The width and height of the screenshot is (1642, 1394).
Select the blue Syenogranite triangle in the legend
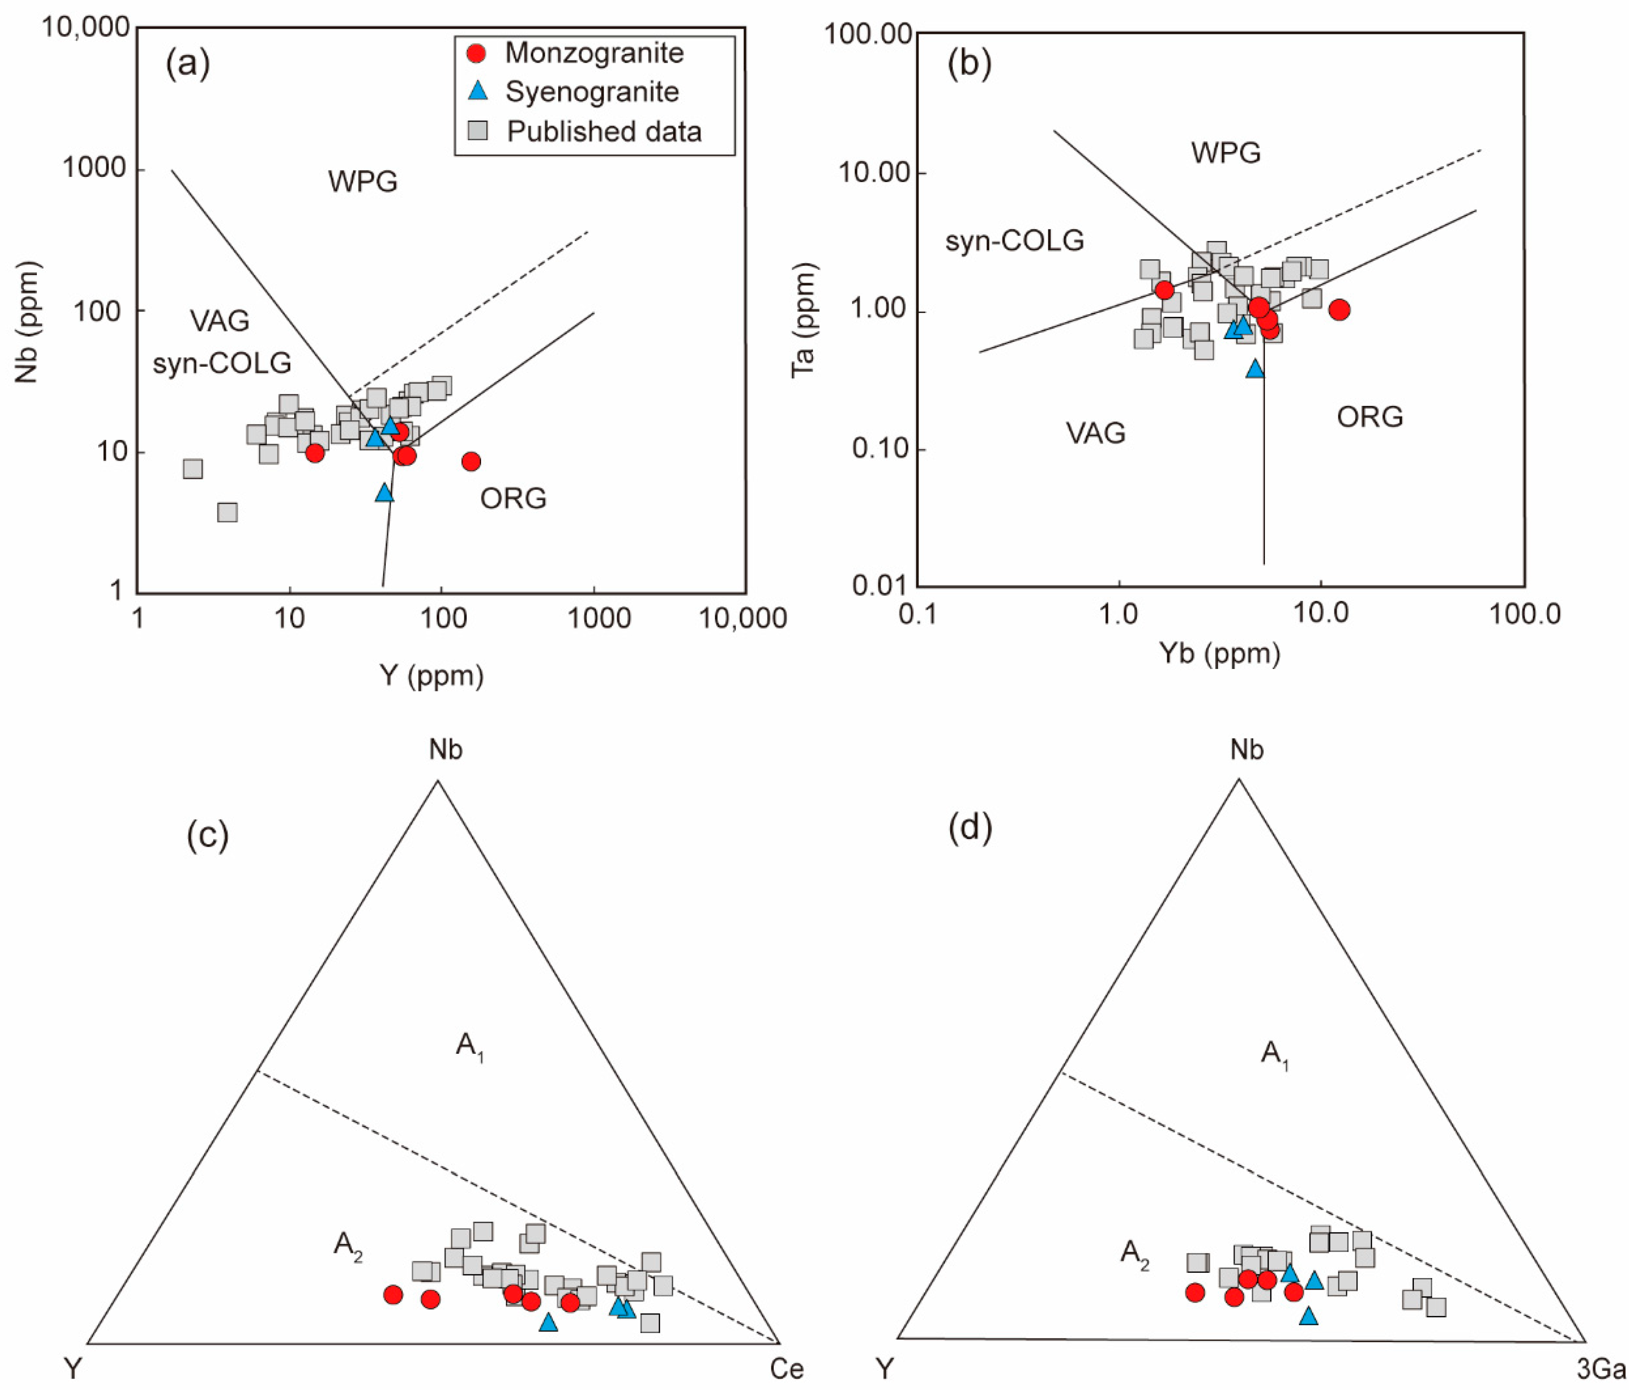click(477, 91)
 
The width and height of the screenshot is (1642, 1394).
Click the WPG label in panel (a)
click(363, 182)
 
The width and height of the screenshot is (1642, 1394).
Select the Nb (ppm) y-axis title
click(27, 323)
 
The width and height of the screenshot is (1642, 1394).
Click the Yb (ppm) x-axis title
click(1219, 653)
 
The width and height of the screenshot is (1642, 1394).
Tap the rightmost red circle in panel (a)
click(471, 461)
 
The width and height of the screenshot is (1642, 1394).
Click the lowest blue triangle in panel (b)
click(1255, 368)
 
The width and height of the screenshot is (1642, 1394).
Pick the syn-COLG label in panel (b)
click(1015, 240)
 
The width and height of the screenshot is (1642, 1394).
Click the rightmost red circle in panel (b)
click(1339, 310)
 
